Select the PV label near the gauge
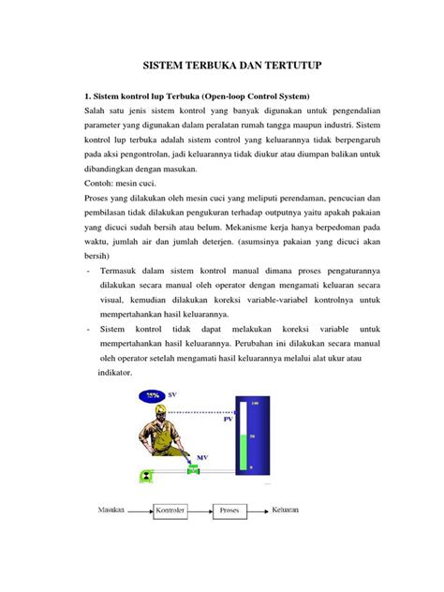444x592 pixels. [228, 421]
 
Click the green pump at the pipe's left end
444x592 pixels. [146, 476]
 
